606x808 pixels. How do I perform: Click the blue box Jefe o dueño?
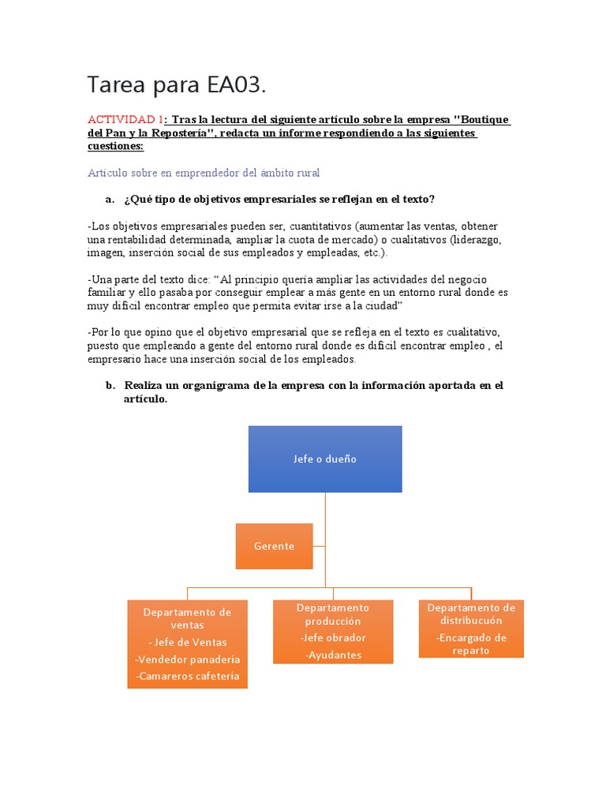325,459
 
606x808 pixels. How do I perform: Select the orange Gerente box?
274,546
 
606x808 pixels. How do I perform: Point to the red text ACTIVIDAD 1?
125,120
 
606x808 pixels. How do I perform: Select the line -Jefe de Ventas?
187,642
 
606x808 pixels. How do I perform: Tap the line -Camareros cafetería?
187,676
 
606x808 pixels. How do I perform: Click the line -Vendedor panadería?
187,659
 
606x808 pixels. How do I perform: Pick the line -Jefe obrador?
333,638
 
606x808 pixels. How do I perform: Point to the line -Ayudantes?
333,655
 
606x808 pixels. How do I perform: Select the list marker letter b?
109,385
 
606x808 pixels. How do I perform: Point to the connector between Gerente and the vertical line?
319,545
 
